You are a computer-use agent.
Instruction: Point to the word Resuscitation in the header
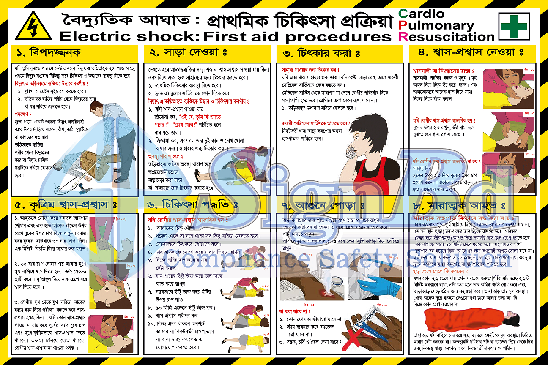click(x=448, y=37)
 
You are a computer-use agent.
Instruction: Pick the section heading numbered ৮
click(x=461, y=206)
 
